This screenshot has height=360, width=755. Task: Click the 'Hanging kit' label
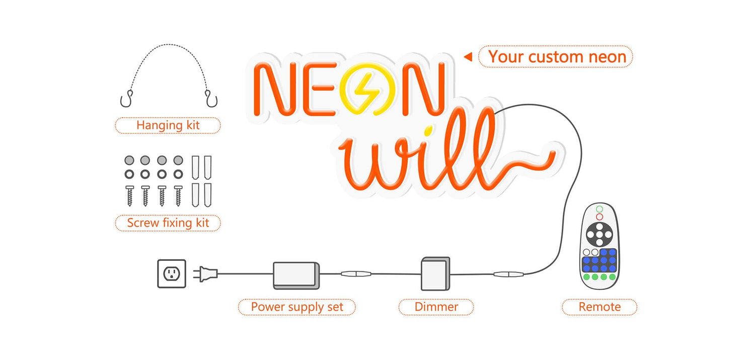[168, 125]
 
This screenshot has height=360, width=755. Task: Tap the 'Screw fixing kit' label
[168, 223]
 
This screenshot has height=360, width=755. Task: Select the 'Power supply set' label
[297, 307]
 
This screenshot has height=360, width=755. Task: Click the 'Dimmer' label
[436, 307]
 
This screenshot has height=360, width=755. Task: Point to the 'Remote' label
[599, 307]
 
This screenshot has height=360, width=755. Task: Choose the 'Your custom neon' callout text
[557, 56]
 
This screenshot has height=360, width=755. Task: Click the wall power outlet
[172, 274]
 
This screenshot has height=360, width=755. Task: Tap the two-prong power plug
[205, 274]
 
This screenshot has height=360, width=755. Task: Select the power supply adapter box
[296, 275]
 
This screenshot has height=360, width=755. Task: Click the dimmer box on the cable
[435, 274]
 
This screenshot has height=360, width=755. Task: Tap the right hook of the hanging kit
[211, 99]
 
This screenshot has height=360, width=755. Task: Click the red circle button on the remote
[599, 217]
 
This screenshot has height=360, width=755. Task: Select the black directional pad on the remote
[599, 234]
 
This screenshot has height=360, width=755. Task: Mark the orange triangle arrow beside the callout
[468, 56]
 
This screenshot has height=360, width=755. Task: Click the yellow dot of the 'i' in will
[428, 130]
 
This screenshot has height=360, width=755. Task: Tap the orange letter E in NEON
[319, 89]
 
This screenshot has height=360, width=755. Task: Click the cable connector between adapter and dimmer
[356, 274]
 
